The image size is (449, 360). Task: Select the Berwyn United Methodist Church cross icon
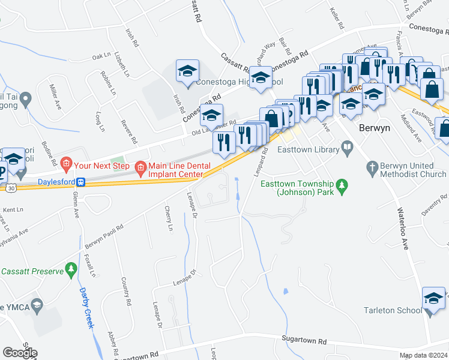[x=372, y=166]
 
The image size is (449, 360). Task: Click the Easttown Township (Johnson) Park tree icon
[x=343, y=185]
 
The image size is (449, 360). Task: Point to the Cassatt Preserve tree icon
[x=71, y=268]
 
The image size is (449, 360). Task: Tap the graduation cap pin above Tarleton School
[x=434, y=299]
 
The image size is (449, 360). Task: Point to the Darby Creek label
[x=87, y=307]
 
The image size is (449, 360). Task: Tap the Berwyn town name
[x=375, y=128]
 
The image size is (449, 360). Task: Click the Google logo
[x=20, y=353]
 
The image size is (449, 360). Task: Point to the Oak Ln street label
[x=99, y=57]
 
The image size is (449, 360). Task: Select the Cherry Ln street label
[x=169, y=219]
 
